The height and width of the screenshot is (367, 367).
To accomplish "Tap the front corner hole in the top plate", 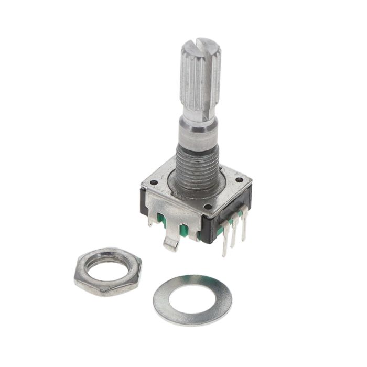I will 209,207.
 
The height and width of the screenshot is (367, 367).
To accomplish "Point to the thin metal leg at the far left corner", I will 150,220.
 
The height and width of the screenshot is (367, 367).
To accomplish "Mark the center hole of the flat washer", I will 192,298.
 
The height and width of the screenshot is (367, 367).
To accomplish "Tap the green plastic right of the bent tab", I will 185,231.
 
